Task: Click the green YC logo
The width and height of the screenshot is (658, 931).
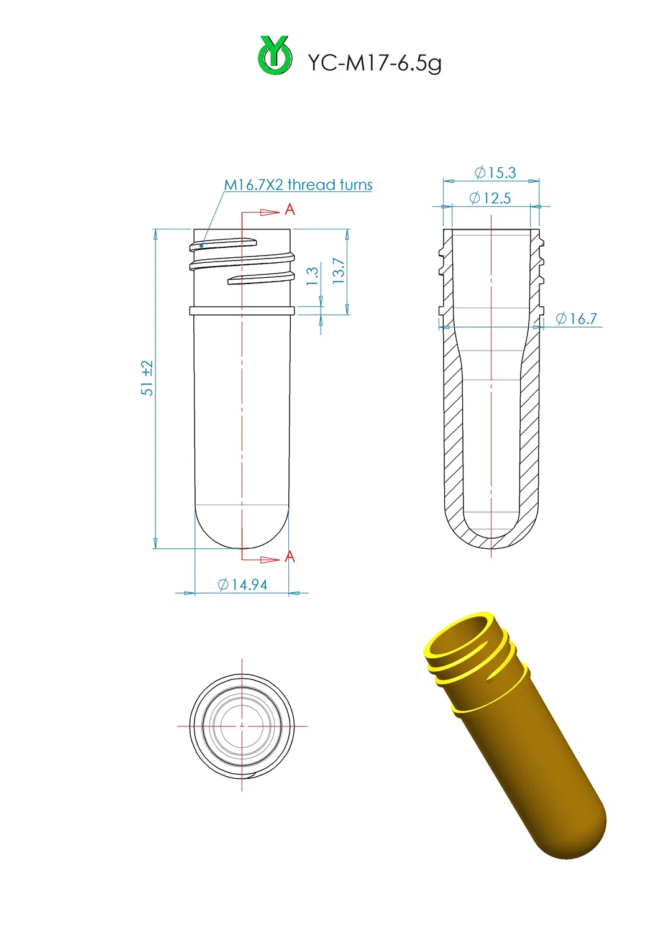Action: [x=275, y=56]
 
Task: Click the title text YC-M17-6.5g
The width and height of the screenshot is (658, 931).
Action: [x=375, y=63]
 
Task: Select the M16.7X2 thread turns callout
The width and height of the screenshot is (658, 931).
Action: [x=298, y=185]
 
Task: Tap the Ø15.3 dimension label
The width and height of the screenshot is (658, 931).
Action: [x=495, y=173]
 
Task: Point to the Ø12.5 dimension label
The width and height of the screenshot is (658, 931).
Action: [x=490, y=198]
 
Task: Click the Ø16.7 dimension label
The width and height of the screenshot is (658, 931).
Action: [x=576, y=319]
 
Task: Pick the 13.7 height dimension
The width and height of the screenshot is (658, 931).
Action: [x=339, y=271]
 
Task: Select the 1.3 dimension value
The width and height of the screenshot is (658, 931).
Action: [x=313, y=275]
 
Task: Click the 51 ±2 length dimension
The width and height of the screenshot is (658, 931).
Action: [x=147, y=378]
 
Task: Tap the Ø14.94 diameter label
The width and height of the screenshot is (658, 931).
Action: [x=243, y=585]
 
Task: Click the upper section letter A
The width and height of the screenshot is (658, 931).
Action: [x=290, y=210]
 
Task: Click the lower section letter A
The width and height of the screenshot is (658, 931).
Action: [x=290, y=557]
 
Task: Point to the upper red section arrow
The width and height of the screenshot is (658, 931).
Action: [x=269, y=213]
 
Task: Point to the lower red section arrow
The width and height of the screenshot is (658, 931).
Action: [x=269, y=560]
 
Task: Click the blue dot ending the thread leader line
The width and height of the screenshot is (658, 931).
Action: [x=201, y=246]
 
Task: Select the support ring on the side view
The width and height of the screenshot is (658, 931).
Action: [x=242, y=311]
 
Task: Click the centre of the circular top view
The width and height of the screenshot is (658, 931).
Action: [x=242, y=725]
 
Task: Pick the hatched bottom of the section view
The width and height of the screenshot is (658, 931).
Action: [x=491, y=543]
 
